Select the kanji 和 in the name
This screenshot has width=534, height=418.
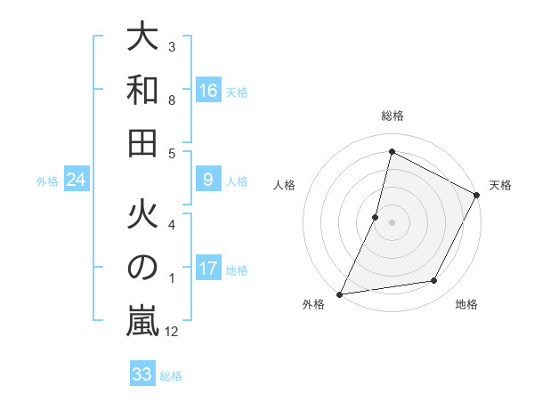pyautogui.click(x=143, y=90)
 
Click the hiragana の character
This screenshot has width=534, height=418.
pyautogui.click(x=143, y=269)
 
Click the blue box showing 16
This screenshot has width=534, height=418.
pyautogui.click(x=208, y=91)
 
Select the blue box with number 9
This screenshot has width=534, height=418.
pyautogui.click(x=208, y=181)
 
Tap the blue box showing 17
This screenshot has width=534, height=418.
pyautogui.click(x=208, y=269)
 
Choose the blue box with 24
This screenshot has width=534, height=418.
pyautogui.click(x=77, y=181)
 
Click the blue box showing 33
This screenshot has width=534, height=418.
pyautogui.click(x=142, y=374)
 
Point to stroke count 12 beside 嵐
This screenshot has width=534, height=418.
pyautogui.click(x=173, y=332)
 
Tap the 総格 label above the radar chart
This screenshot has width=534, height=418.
pyautogui.click(x=392, y=116)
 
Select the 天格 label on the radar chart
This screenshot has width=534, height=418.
pyautogui.click(x=500, y=185)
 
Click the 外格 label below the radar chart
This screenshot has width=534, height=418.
pyautogui.click(x=313, y=304)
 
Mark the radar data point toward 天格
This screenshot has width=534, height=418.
pyautogui.click(x=477, y=196)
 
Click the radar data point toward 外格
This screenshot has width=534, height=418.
pyautogui.click(x=339, y=294)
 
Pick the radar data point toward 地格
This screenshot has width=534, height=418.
pyautogui.click(x=434, y=281)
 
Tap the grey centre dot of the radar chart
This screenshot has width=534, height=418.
pyautogui.click(x=392, y=222)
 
